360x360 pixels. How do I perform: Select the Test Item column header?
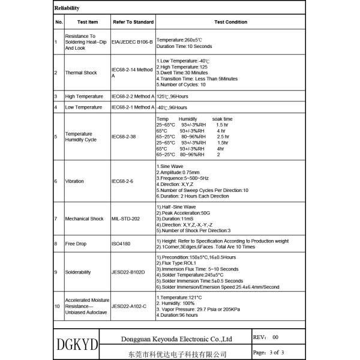[x=88, y=22]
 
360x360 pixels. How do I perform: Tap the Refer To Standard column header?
[x=133, y=22]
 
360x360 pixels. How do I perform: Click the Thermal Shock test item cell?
[x=81, y=73]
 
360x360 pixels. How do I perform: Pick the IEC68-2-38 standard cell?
[x=125, y=137]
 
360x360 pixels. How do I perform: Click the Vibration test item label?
[x=75, y=181]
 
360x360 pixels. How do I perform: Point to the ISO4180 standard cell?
[x=121, y=244]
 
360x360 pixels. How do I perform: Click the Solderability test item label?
[x=79, y=272]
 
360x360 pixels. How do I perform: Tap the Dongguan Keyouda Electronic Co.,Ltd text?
[x=176, y=338]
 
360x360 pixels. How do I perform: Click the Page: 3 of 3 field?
[x=268, y=352]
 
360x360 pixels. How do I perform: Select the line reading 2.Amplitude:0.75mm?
[x=179, y=172]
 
